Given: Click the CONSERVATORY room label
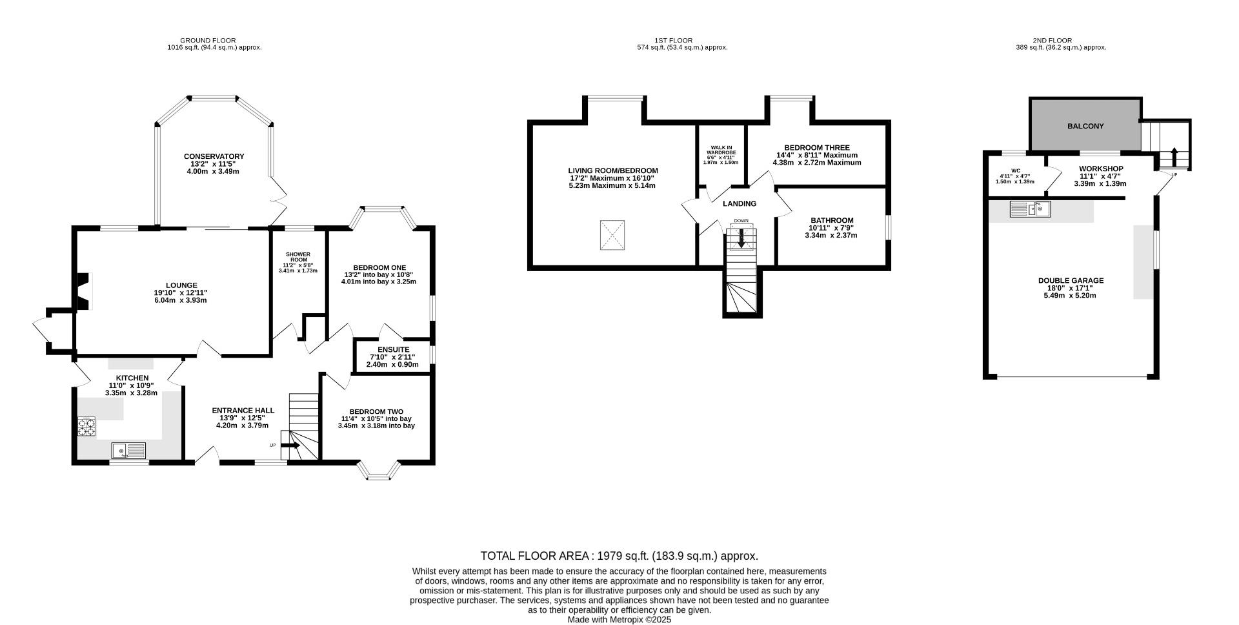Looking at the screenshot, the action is pos(214,156).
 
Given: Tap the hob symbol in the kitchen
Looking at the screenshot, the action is pos(86,427).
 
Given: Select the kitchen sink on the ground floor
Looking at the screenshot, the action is pos(128,450).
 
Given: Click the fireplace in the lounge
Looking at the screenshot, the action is pos(83,292).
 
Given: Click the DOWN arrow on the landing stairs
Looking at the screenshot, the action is pos(741,238).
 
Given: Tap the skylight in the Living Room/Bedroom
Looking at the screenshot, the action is pos(612,235).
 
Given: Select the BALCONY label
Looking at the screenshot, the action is pos(1085,127).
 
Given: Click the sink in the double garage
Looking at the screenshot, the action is pos(1031,209).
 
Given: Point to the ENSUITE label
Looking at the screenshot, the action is pos(393,350).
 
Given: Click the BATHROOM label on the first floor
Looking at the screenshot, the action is pos(832,220).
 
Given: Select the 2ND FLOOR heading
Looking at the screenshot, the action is pos(1052,41).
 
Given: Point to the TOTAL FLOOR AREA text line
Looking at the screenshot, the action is pos(619,556).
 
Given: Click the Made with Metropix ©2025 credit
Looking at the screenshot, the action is pos(619,619).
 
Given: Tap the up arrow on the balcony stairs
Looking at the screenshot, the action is pos(1174,157).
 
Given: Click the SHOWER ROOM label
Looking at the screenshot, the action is pos(298,257).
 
